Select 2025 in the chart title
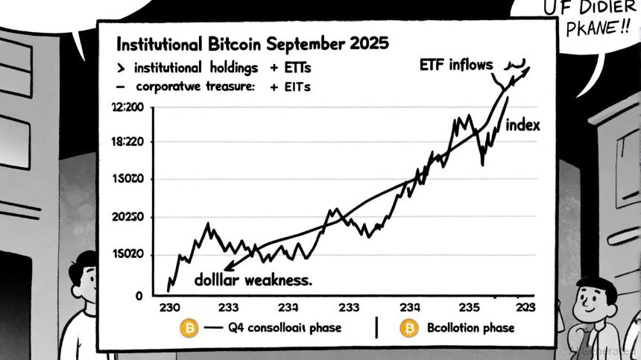tap(366, 42)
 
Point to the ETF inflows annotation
tap(456, 65)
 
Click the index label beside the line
tap(522, 126)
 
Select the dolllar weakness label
tap(253, 281)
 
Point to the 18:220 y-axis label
tap(127, 142)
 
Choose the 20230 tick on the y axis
tap(127, 217)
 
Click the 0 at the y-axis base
tap(138, 296)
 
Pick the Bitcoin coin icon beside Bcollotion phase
tap(409, 328)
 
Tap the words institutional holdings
tap(196, 68)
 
